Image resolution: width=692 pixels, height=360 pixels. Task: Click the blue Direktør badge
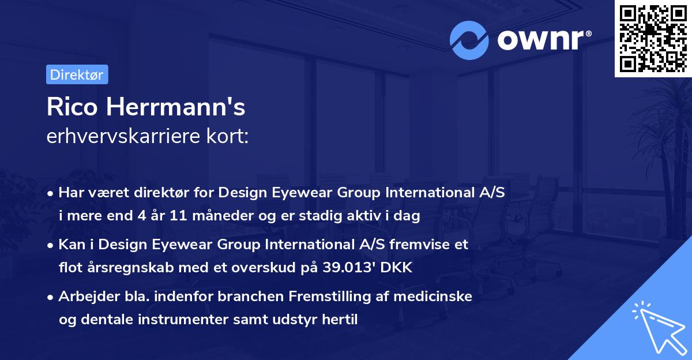(x=77, y=74)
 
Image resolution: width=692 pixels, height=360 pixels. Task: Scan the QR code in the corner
(x=653, y=38)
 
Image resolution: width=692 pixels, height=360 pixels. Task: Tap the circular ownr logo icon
(x=469, y=40)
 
